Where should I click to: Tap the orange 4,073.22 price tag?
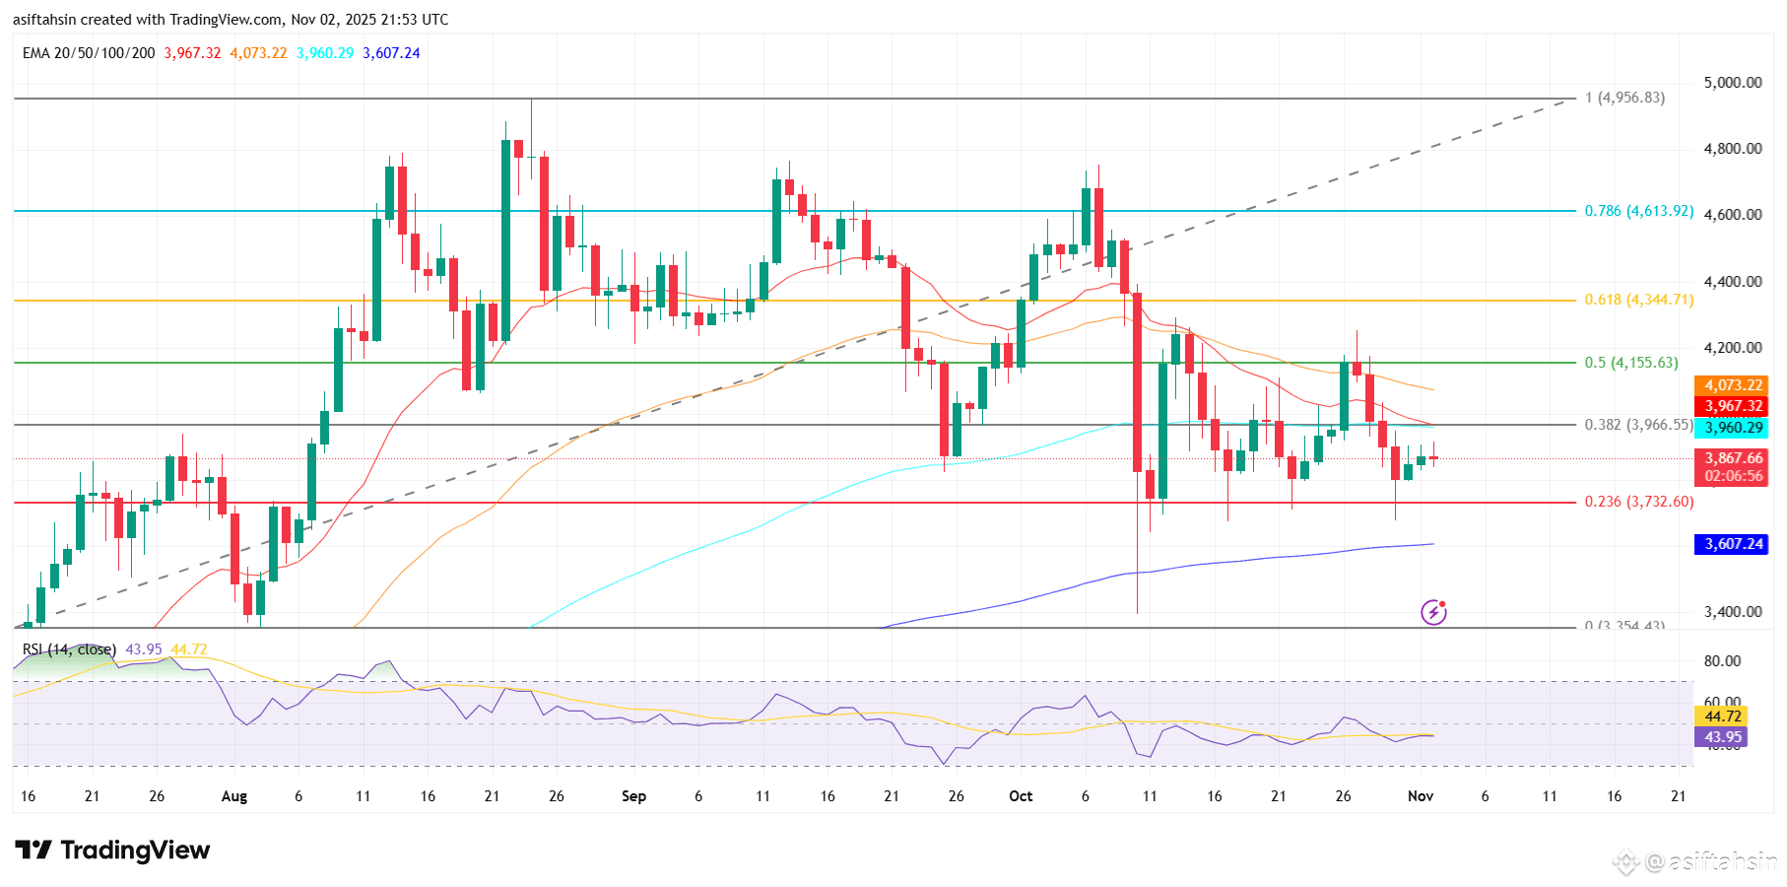point(1733,385)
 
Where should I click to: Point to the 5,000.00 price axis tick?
point(1733,83)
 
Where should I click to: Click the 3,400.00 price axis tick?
point(1733,612)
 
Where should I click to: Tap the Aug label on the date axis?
point(234,796)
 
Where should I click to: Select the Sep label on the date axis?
point(633,796)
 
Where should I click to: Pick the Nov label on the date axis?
point(1420,796)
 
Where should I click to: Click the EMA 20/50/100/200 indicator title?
point(89,53)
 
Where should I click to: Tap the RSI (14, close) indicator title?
point(69,649)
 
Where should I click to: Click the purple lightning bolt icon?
point(1433,612)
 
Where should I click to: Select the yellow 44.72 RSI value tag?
point(1722,716)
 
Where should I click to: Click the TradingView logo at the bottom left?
point(112,851)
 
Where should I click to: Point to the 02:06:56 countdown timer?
point(1733,476)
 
